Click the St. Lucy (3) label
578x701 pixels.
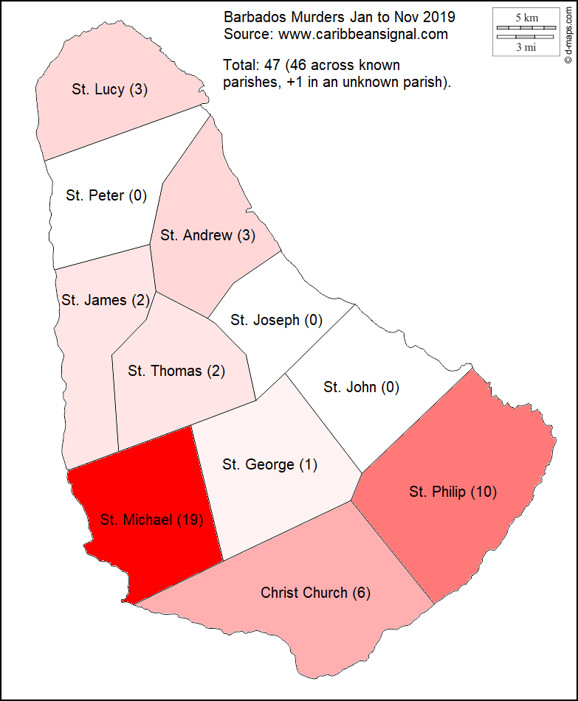pos(110,90)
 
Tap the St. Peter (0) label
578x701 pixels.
pos(106,195)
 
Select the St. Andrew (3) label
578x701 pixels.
pos(207,236)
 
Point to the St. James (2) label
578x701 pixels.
pos(105,300)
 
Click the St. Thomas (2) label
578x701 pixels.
pos(176,371)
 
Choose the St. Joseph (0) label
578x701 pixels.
pos(277,320)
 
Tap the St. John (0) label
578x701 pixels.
pos(361,387)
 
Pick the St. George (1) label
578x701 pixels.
pos(269,464)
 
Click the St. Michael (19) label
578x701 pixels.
pos(151,520)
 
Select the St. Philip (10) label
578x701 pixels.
pos(453,492)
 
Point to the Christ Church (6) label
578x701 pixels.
pos(315,593)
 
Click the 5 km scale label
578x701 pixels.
pos(526,17)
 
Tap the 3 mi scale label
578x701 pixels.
pos(526,47)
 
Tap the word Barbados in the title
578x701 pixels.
pos(252,16)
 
